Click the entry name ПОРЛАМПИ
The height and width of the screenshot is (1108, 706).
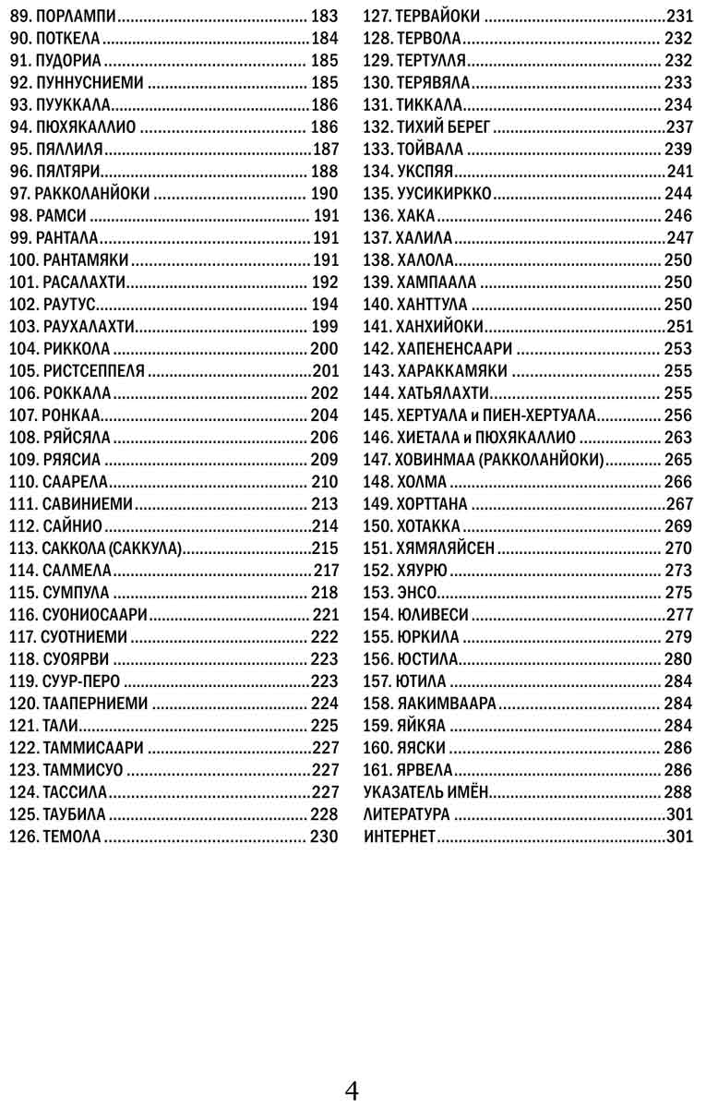click(78, 16)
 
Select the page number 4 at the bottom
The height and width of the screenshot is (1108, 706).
click(352, 1090)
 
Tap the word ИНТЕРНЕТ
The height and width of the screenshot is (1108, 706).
click(400, 837)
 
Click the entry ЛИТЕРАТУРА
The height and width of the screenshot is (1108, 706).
click(407, 814)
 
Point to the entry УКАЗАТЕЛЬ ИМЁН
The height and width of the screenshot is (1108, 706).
click(425, 792)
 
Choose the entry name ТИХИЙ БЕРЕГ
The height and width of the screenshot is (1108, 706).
click(444, 126)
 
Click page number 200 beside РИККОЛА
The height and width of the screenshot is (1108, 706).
click(324, 348)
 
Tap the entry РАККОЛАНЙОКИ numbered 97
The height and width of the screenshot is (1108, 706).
click(91, 193)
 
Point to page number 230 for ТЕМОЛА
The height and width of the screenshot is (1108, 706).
click(324, 837)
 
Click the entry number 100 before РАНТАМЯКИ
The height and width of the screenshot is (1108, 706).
click(22, 259)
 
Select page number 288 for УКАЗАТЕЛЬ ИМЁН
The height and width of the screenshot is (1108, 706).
click(677, 792)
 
